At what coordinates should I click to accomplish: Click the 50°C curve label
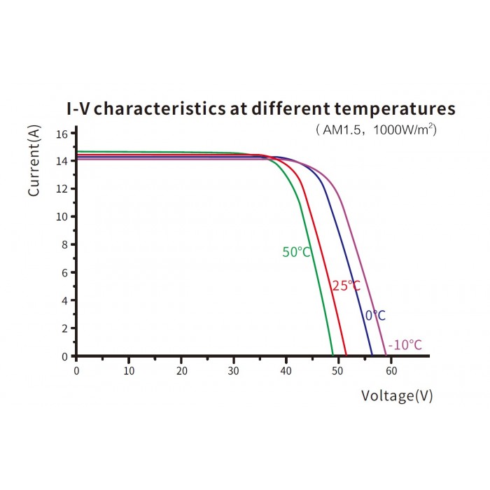click(296, 252)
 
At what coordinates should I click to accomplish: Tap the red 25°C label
click(346, 286)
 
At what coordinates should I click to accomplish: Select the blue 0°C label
click(375, 316)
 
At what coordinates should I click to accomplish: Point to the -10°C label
click(405, 345)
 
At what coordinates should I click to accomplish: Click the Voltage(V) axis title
click(397, 396)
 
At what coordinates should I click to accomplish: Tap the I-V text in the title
click(80, 109)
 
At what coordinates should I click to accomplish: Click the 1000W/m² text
click(405, 129)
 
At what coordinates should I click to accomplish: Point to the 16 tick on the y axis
click(62, 133)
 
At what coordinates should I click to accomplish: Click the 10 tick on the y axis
click(62, 216)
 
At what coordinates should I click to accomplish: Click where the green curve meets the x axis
click(332, 356)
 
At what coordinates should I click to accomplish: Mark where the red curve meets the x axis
click(346, 356)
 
